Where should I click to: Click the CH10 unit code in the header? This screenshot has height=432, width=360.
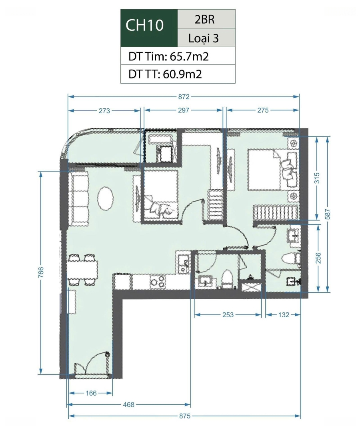click(144, 25)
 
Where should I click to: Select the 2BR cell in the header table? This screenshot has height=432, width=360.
click(204, 19)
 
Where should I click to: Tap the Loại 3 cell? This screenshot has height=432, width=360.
click(204, 38)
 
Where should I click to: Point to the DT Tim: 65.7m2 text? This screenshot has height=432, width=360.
click(168, 56)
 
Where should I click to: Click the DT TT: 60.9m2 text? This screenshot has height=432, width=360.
click(165, 74)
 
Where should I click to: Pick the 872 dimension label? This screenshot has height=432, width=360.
click(184, 97)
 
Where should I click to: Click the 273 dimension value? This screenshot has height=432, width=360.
click(104, 111)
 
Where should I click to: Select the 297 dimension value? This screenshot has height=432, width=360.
click(184, 110)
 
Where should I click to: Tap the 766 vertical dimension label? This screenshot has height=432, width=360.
click(41, 272)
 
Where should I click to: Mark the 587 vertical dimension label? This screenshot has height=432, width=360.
click(328, 214)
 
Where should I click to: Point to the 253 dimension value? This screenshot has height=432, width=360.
click(228, 315)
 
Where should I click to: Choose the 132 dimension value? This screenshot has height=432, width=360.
click(284, 315)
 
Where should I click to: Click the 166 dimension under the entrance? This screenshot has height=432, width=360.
click(91, 393)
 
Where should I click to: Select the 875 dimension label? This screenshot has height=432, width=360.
click(184, 416)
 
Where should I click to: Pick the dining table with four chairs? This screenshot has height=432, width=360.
click(82, 270)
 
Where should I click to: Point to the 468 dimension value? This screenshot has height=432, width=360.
click(129, 405)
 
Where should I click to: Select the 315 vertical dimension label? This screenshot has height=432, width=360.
click(317, 178)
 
